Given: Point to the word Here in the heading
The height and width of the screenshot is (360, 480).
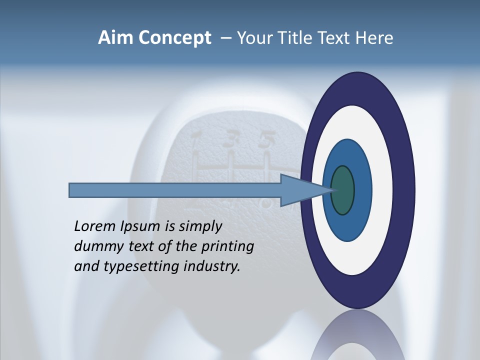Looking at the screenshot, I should [374, 38].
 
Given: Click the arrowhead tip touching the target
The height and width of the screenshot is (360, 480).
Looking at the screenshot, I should [332, 190].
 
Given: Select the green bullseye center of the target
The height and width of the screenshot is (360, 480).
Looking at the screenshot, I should [343, 190].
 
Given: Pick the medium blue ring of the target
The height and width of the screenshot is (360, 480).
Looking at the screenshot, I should [362, 190].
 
